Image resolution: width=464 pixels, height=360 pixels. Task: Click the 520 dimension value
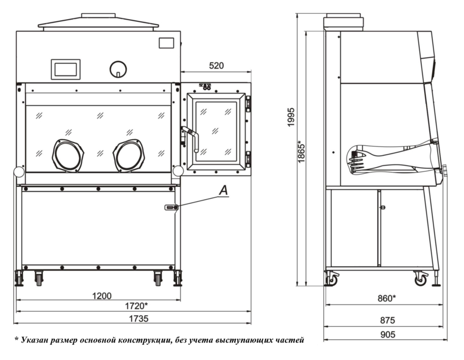pos(216,66)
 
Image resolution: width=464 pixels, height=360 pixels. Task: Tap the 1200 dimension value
pos(101,296)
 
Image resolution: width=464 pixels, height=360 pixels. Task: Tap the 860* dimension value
pos(386,298)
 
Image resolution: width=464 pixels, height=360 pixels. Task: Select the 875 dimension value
pos(386,320)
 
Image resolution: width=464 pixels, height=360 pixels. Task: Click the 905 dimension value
pos(386,334)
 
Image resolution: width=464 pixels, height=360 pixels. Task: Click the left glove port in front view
pos(68,155)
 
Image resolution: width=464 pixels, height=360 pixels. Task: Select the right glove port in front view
pos(129,155)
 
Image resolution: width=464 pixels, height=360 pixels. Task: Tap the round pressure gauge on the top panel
pos(117,69)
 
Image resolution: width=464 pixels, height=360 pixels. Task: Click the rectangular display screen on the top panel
pos(66,69)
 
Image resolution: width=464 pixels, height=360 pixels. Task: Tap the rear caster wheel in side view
pos(331,280)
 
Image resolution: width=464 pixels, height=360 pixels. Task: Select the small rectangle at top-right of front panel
pos(166,43)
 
